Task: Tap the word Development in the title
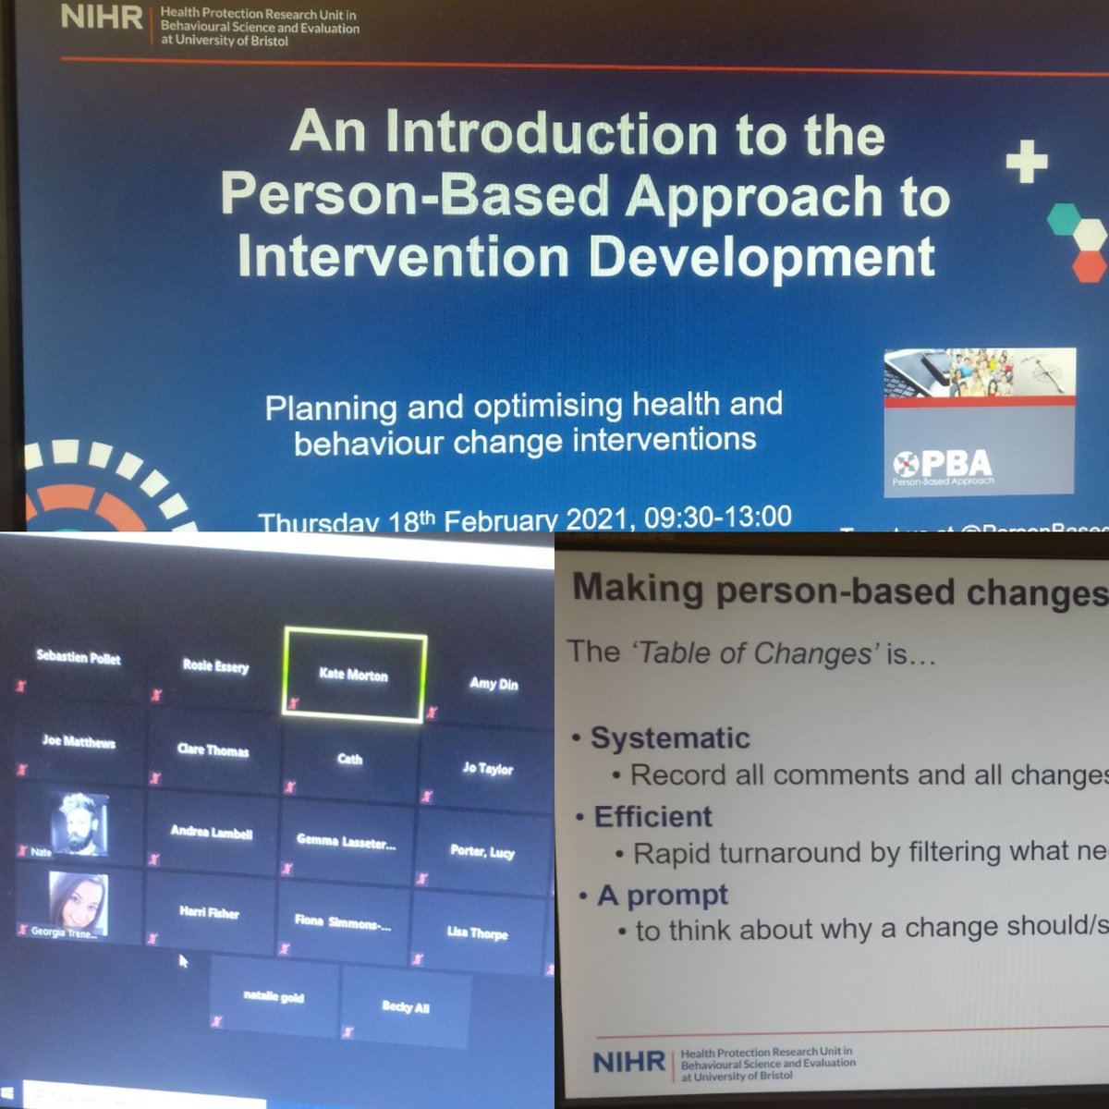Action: pyautogui.click(x=762, y=256)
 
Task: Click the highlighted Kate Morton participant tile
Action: pyautogui.click(x=354, y=673)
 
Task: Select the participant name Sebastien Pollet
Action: pyautogui.click(x=79, y=657)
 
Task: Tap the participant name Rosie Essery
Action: pyautogui.click(x=215, y=665)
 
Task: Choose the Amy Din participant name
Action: pyautogui.click(x=494, y=684)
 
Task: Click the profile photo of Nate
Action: pyautogui.click(x=78, y=822)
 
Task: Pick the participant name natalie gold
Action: pyautogui.click(x=274, y=997)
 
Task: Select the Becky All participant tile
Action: pyautogui.click(x=406, y=1006)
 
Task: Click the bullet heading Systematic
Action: pyautogui.click(x=670, y=737)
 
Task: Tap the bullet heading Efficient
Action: pyautogui.click(x=652, y=816)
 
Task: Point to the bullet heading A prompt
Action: pyautogui.click(x=663, y=895)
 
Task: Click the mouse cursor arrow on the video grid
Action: pyautogui.click(x=182, y=960)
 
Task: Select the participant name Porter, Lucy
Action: pyautogui.click(x=481, y=850)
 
